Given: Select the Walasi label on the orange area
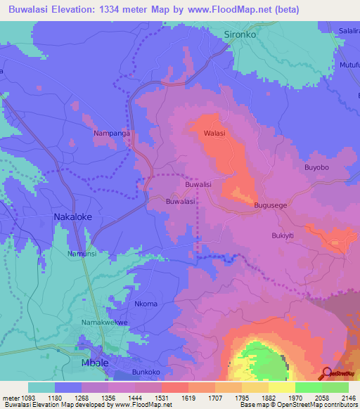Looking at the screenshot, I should click(214, 132).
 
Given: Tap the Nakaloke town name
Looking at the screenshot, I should click(75, 217).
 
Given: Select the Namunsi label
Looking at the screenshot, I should click(82, 253).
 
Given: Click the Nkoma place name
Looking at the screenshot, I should click(146, 304).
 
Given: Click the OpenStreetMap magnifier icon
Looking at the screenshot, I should click(327, 372).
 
